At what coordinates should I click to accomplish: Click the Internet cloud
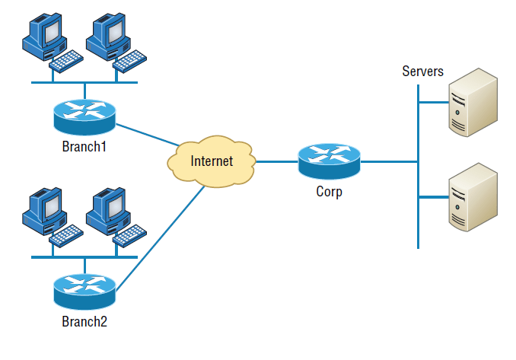(211, 161)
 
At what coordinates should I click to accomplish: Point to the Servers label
(422, 72)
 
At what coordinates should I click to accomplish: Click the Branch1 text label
(84, 145)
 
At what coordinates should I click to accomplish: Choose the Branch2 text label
(84, 321)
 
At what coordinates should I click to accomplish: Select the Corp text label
(329, 191)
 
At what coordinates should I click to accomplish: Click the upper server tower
(472, 103)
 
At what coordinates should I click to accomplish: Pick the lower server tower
(472, 197)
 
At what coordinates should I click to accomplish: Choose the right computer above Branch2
(106, 210)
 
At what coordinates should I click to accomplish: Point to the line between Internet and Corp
(276, 161)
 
